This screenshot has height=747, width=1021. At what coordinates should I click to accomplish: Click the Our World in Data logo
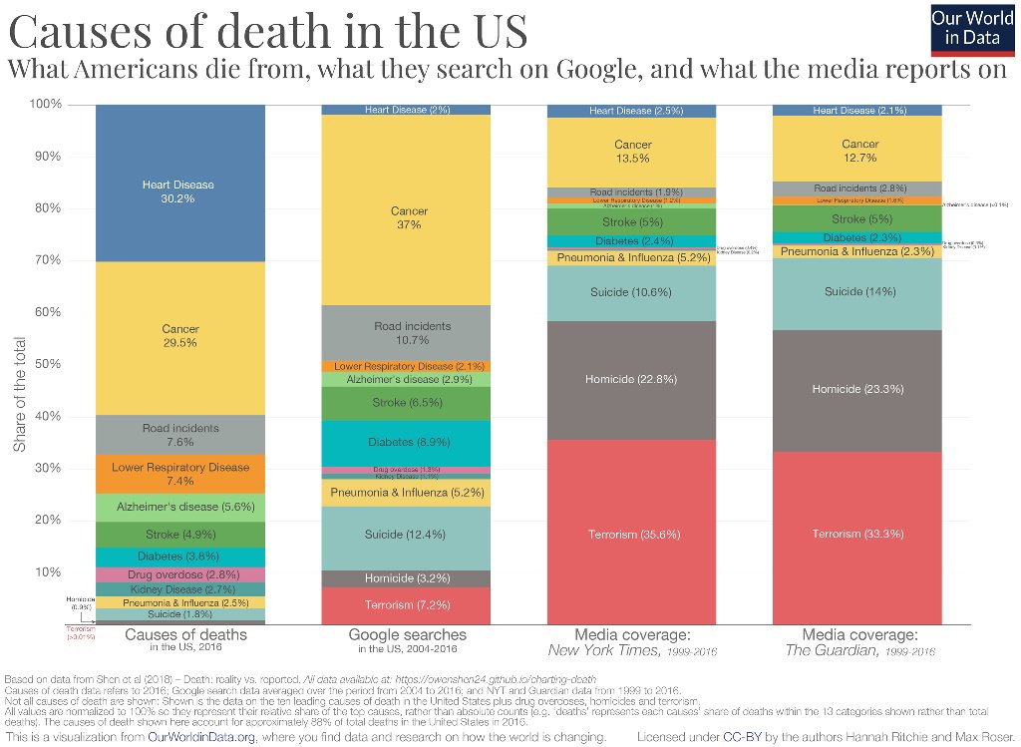pos(973,29)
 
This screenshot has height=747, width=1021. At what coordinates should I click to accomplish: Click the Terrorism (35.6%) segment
pos(633,534)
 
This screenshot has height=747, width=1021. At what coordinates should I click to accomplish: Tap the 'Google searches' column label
pos(407,634)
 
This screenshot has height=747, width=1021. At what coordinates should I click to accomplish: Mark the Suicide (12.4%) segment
pos(406,536)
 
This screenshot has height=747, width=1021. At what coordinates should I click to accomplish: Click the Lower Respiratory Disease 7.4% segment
pos(179,474)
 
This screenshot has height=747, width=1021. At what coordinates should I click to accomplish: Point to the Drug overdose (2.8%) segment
pos(179,574)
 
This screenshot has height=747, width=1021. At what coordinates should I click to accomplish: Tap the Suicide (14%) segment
pos(858,291)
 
